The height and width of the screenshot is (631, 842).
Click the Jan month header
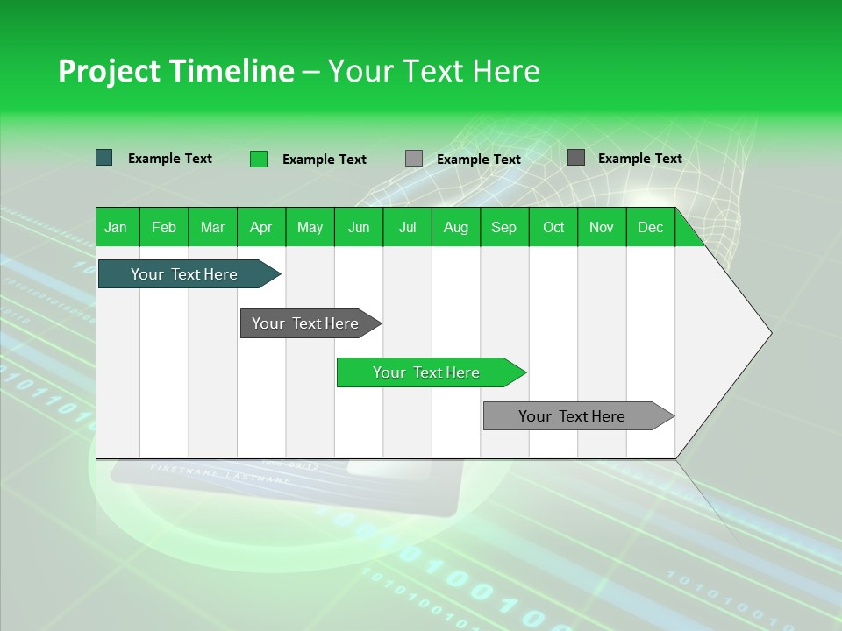coord(116,227)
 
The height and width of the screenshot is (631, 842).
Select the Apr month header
coord(260,227)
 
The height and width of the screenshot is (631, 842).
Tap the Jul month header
coord(407,227)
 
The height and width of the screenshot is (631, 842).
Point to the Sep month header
coord(503,227)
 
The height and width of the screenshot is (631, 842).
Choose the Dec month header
coord(650,227)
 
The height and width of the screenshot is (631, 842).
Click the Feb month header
coord(164,227)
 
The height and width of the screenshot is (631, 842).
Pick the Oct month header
coord(553,227)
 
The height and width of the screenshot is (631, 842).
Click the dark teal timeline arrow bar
coord(184,274)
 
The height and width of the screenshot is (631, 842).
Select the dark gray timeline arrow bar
coord(305,323)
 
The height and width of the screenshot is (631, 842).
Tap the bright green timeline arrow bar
coord(426,372)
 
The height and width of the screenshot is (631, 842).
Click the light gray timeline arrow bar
coord(572,416)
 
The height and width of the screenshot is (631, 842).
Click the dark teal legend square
coord(103,158)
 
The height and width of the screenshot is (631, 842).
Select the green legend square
coord(259,159)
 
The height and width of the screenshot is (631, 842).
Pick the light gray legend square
coord(414,159)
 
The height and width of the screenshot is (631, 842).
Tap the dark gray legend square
coord(576,158)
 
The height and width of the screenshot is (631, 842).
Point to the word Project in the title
coord(110,71)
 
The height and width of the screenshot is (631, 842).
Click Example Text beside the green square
coord(325,160)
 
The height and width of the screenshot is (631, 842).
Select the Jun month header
coord(359,227)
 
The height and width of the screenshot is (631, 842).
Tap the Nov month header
coord(602,227)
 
